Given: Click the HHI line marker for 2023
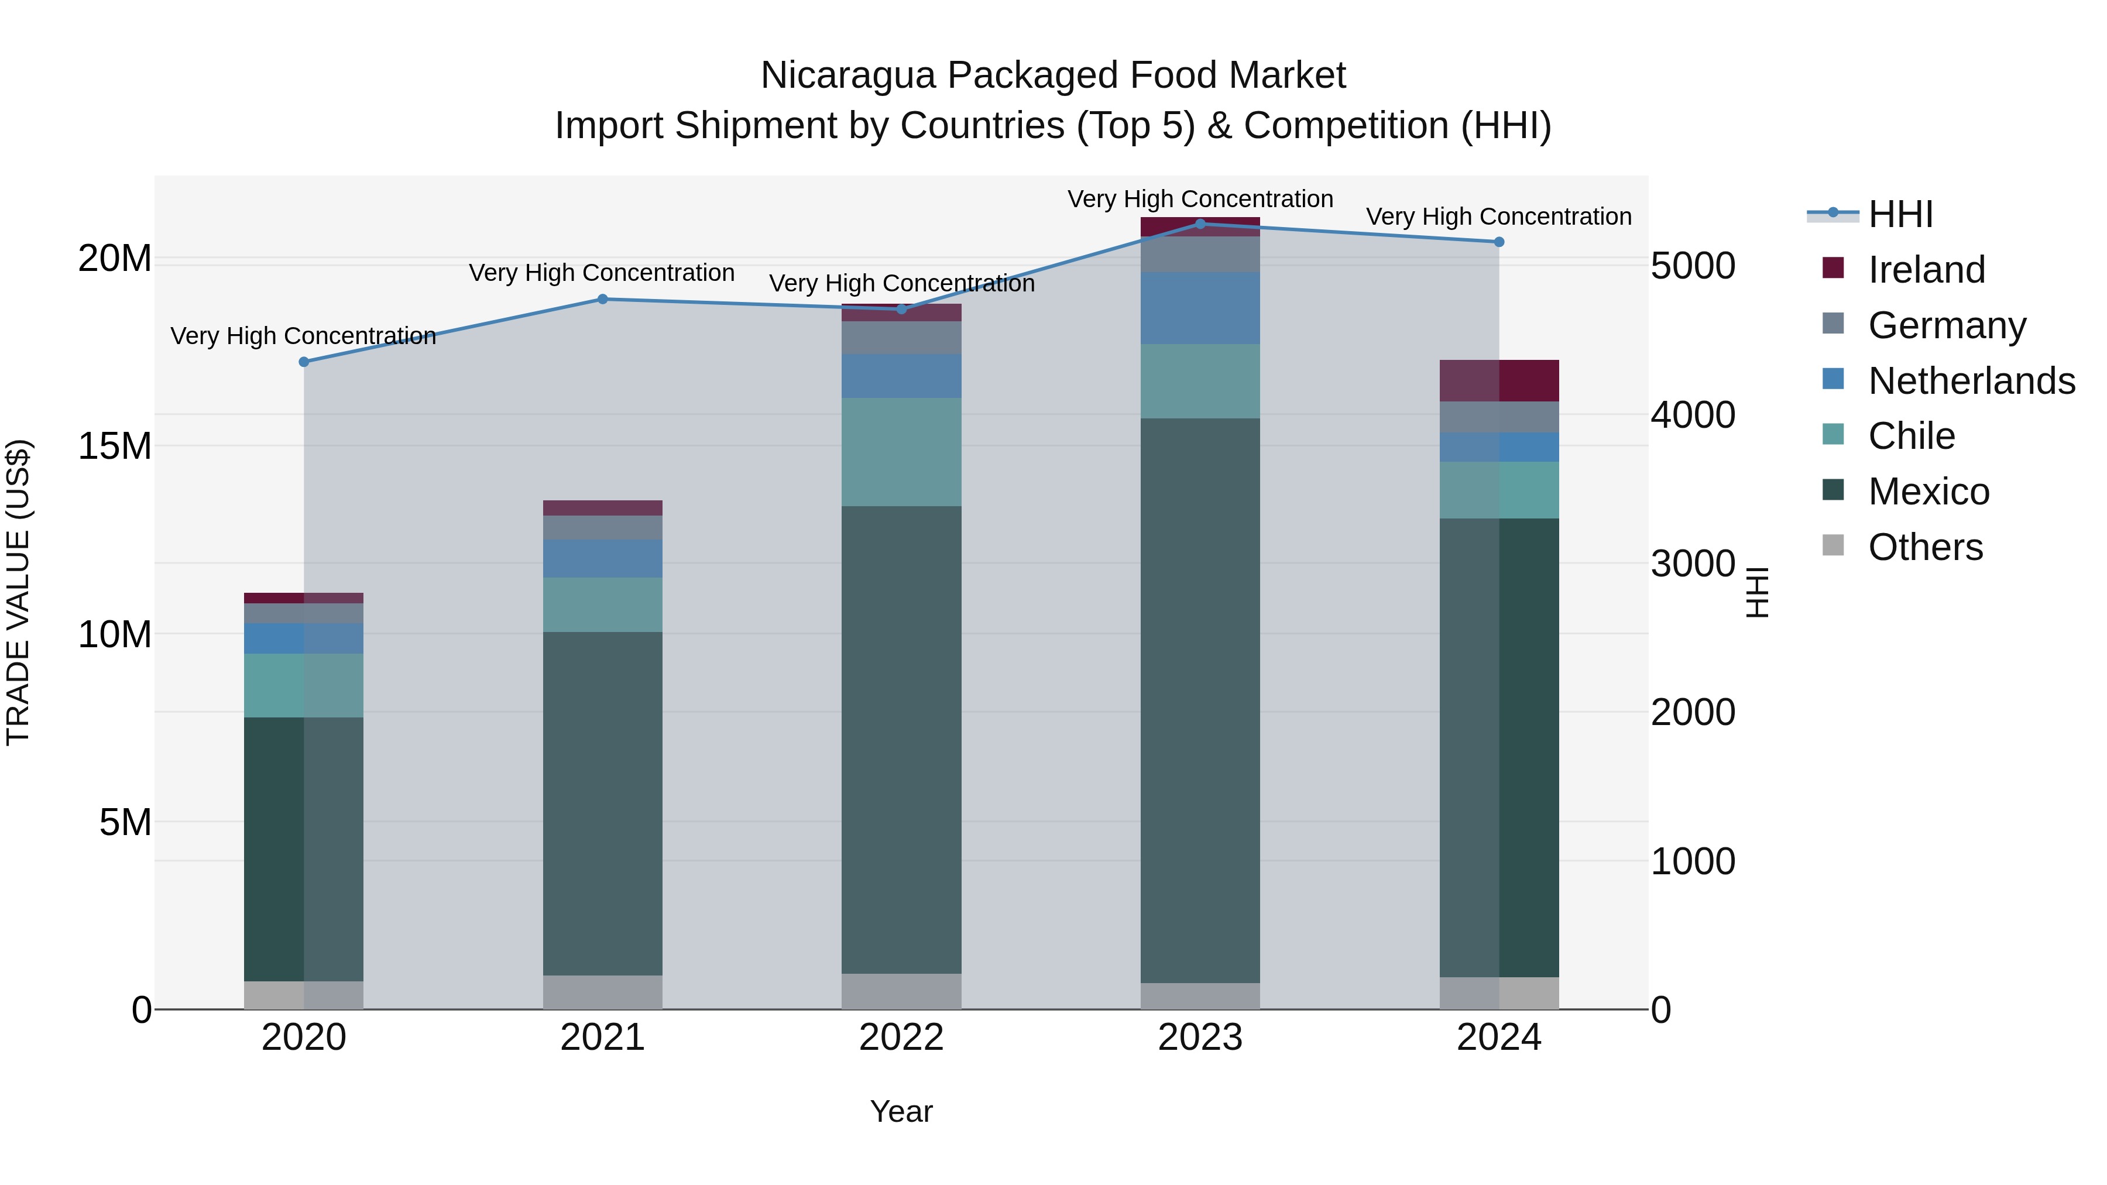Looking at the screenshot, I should (x=1200, y=224).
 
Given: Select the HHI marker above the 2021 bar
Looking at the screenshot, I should (x=603, y=298).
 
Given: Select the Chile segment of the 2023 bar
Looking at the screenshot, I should (x=1200, y=381).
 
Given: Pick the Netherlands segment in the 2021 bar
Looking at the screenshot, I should (x=603, y=559).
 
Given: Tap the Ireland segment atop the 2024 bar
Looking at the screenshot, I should (x=1498, y=380).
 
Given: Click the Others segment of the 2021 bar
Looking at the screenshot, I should (x=603, y=991).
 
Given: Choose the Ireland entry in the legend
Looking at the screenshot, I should (x=1926, y=270).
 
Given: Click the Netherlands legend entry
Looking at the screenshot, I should (x=1971, y=381).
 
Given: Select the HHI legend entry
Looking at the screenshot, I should (x=1900, y=214).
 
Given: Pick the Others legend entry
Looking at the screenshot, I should (x=1924, y=547).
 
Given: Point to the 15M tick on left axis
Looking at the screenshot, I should (x=115, y=446).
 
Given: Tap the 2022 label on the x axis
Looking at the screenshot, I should (x=901, y=1038).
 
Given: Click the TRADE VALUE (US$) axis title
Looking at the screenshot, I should (x=18, y=592).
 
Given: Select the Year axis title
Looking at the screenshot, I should (x=901, y=1111).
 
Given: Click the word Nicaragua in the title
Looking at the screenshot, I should (x=847, y=75).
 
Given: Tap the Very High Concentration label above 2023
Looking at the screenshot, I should (x=1200, y=199).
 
